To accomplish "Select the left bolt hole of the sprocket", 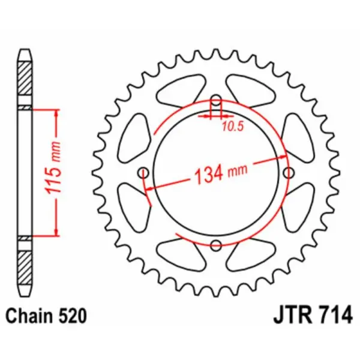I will pyautogui.click(x=143, y=173).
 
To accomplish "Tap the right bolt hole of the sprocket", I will pyautogui.click(x=289, y=173).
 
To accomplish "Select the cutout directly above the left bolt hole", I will pyautogui.click(x=136, y=135).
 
